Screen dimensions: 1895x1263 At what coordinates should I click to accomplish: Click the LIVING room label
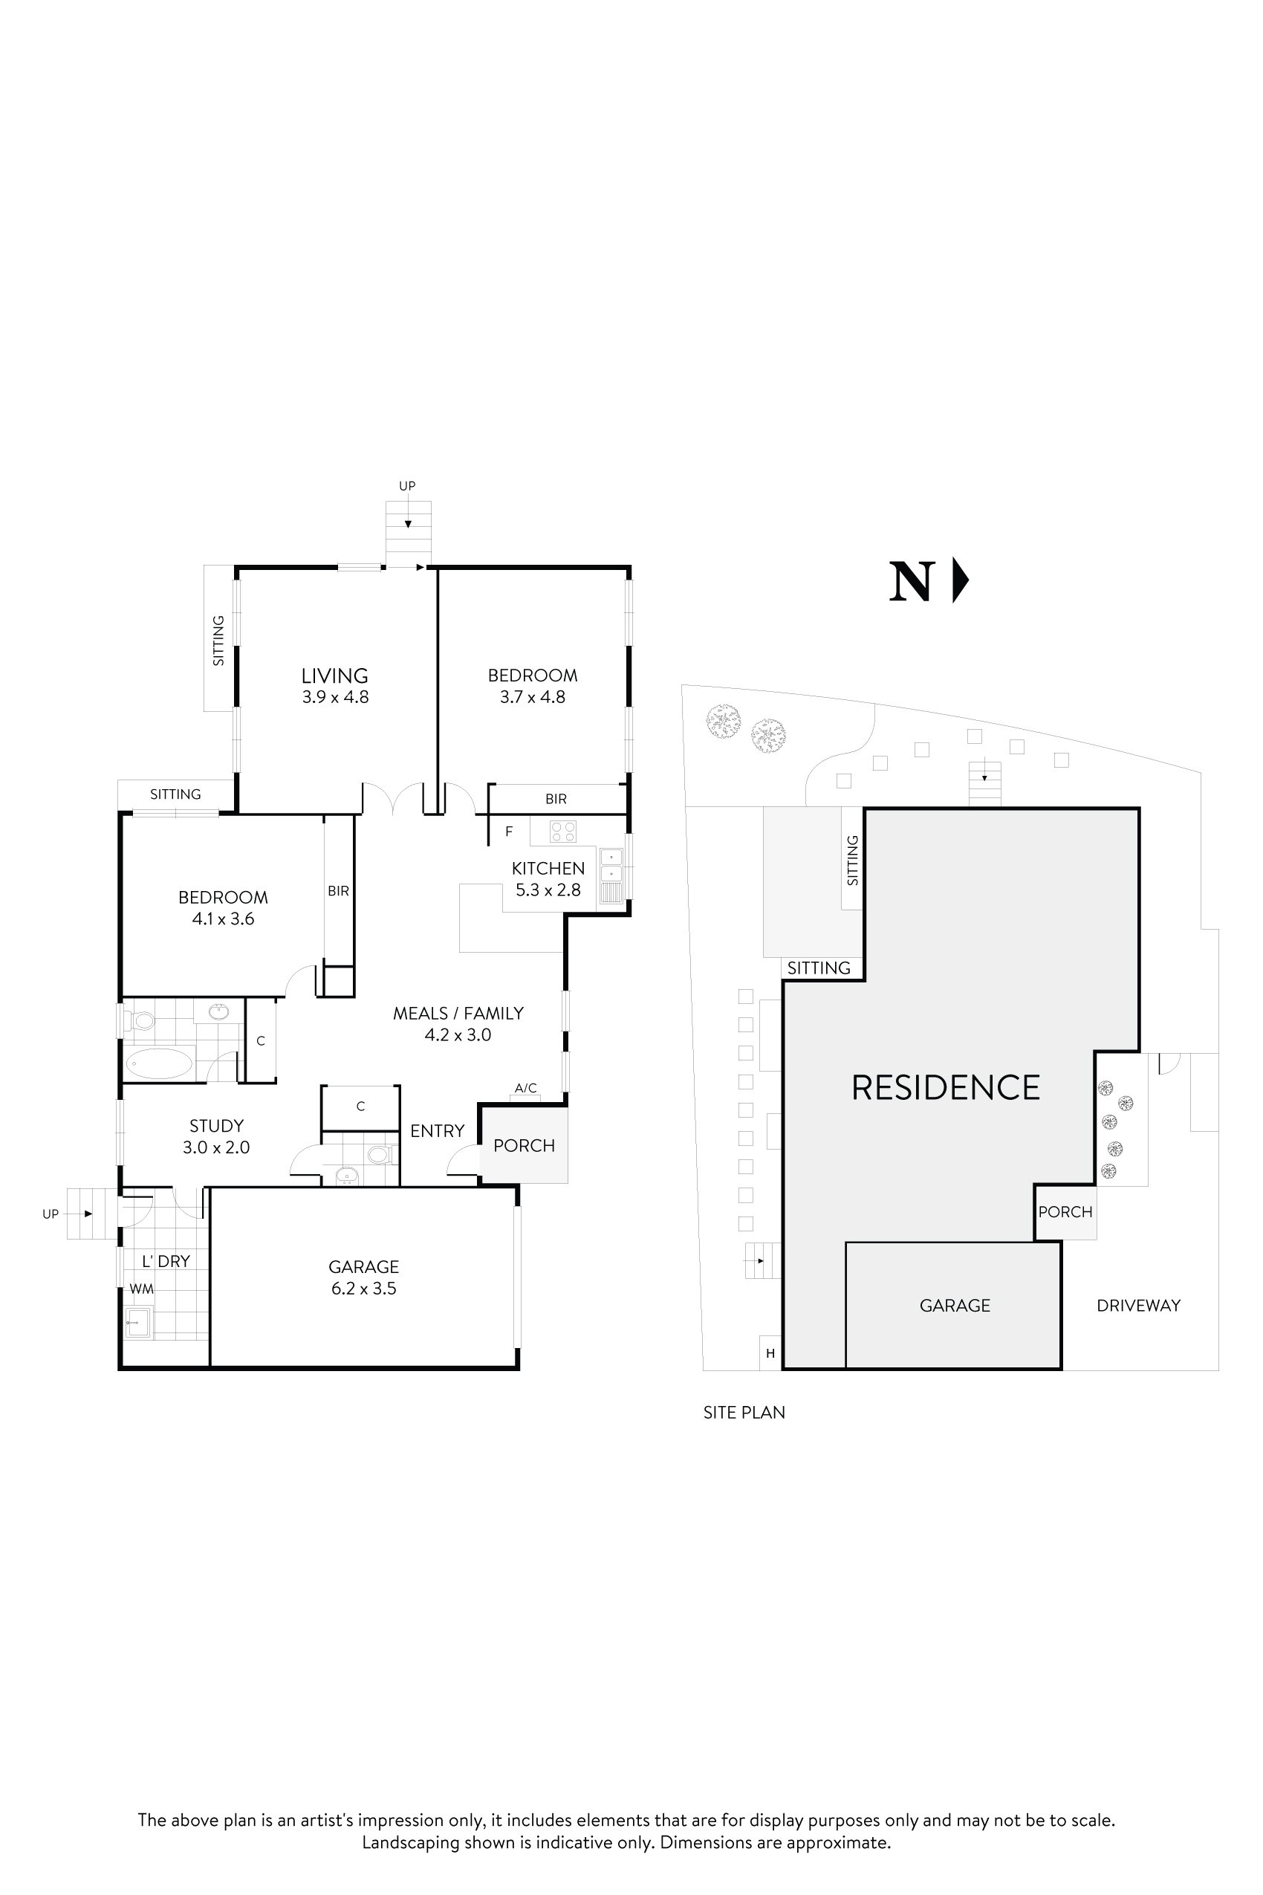(334, 676)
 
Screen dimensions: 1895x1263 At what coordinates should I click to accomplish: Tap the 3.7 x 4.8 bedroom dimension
(533, 697)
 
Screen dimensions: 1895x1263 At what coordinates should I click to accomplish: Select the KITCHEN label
(548, 868)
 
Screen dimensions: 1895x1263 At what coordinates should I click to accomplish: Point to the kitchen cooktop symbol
(563, 831)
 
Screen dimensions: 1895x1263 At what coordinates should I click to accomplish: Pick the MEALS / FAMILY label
(458, 1014)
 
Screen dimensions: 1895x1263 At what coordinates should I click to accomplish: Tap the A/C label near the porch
(525, 1088)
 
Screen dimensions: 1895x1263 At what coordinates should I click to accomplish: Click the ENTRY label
(438, 1131)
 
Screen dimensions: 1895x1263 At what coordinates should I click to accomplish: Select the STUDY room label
(216, 1126)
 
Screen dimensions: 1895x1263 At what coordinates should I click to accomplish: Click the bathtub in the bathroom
(160, 1063)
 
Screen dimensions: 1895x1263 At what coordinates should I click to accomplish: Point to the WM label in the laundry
(142, 1289)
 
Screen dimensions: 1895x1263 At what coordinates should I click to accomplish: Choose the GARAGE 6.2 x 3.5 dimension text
(363, 1289)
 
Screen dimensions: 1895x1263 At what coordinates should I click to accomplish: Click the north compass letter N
(912, 581)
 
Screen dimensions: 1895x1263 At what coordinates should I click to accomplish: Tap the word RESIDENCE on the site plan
(946, 1088)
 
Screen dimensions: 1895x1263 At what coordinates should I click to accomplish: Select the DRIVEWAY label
(1138, 1305)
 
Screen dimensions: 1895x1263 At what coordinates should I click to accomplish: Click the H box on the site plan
(770, 1353)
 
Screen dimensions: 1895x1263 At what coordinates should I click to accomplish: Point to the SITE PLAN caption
(744, 1413)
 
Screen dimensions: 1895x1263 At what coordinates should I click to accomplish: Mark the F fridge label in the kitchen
(509, 832)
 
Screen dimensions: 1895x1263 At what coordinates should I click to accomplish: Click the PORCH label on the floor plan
(524, 1146)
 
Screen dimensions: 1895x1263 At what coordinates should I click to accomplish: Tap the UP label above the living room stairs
(408, 486)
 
